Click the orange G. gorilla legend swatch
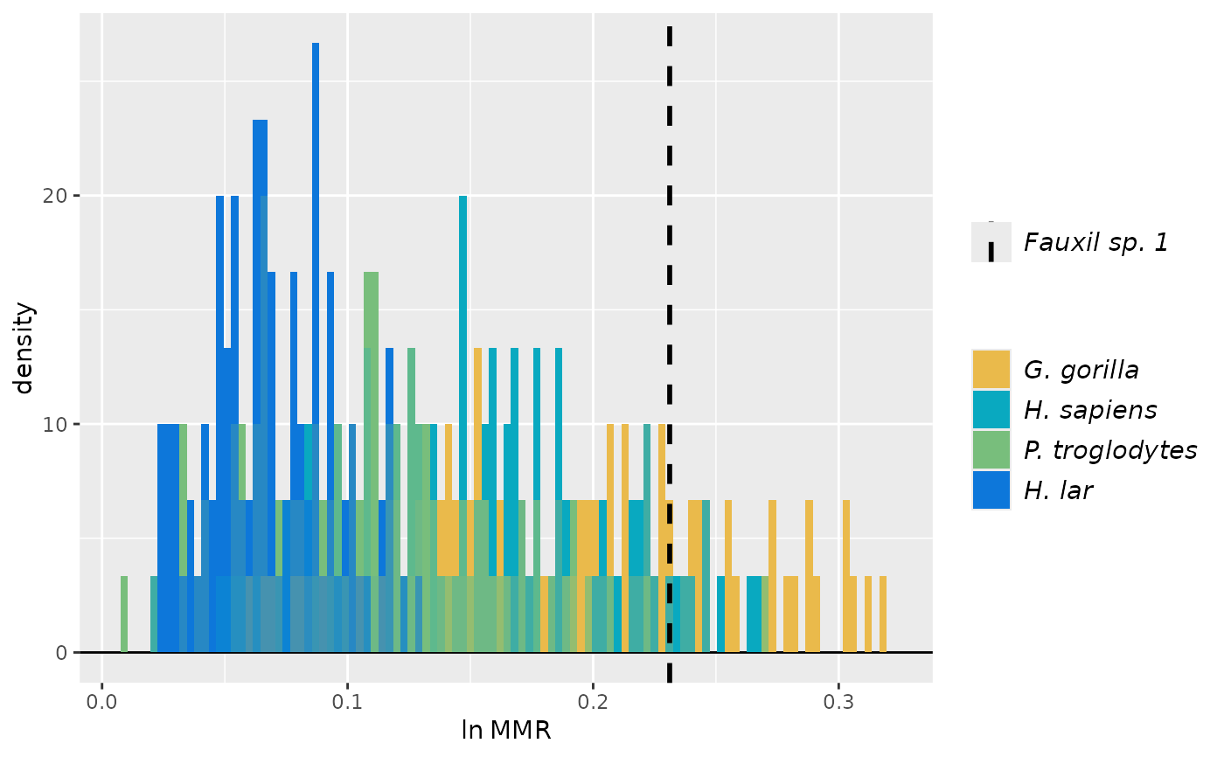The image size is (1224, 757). click(x=991, y=370)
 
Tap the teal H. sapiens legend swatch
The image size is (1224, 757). click(x=991, y=410)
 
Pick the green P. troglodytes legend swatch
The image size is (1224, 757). click(x=991, y=450)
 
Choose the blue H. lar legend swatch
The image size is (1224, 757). click(x=991, y=490)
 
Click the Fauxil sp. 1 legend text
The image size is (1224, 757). click(x=1096, y=242)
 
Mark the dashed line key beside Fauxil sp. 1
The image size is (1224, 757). click(x=991, y=242)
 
